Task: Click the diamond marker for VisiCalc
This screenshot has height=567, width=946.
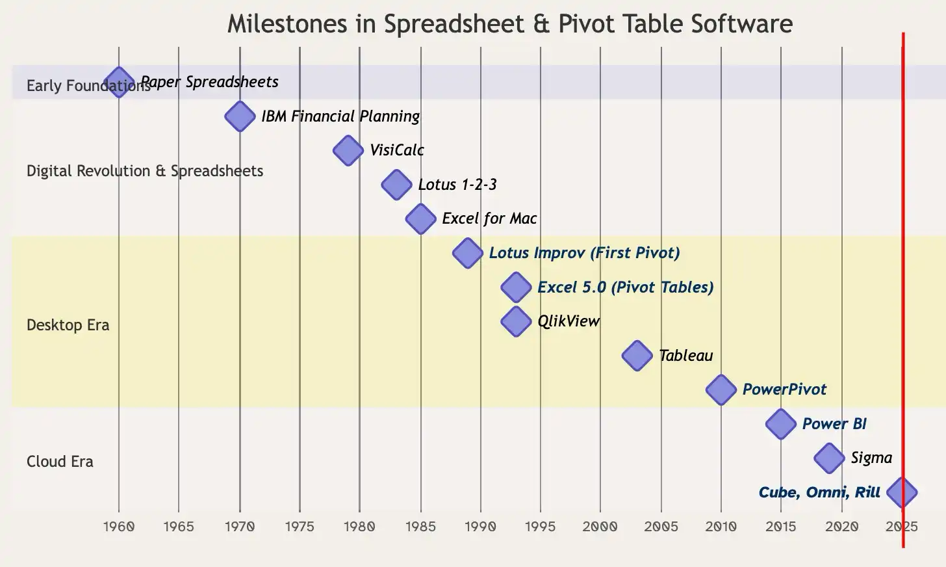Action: [348, 151]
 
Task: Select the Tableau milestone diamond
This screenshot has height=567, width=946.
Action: [637, 356]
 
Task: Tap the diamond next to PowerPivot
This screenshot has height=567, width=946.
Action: [721, 390]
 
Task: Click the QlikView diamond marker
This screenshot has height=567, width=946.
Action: [516, 321]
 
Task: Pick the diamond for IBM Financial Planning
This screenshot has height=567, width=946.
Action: [240, 117]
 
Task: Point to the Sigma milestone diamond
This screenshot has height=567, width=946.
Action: [829, 458]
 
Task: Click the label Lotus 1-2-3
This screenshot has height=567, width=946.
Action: [457, 185]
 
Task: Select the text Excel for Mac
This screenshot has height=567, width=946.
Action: [489, 218]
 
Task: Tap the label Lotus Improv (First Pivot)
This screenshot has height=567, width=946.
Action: [584, 253]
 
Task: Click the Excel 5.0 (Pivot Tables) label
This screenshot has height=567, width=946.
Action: [625, 287]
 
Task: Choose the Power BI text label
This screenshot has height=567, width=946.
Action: [834, 424]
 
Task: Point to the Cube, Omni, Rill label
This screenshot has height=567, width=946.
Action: [819, 492]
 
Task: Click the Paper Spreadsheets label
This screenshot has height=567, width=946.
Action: [210, 82]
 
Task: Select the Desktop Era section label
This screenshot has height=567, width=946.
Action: [68, 325]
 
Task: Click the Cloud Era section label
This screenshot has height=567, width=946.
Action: [60, 462]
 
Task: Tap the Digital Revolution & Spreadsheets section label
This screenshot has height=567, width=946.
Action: [145, 171]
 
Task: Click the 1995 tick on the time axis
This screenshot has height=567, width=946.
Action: [540, 527]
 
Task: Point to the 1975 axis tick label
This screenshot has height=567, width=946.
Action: [300, 527]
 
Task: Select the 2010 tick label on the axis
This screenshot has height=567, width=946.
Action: [721, 527]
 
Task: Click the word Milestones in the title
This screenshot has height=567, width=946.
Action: [288, 24]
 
